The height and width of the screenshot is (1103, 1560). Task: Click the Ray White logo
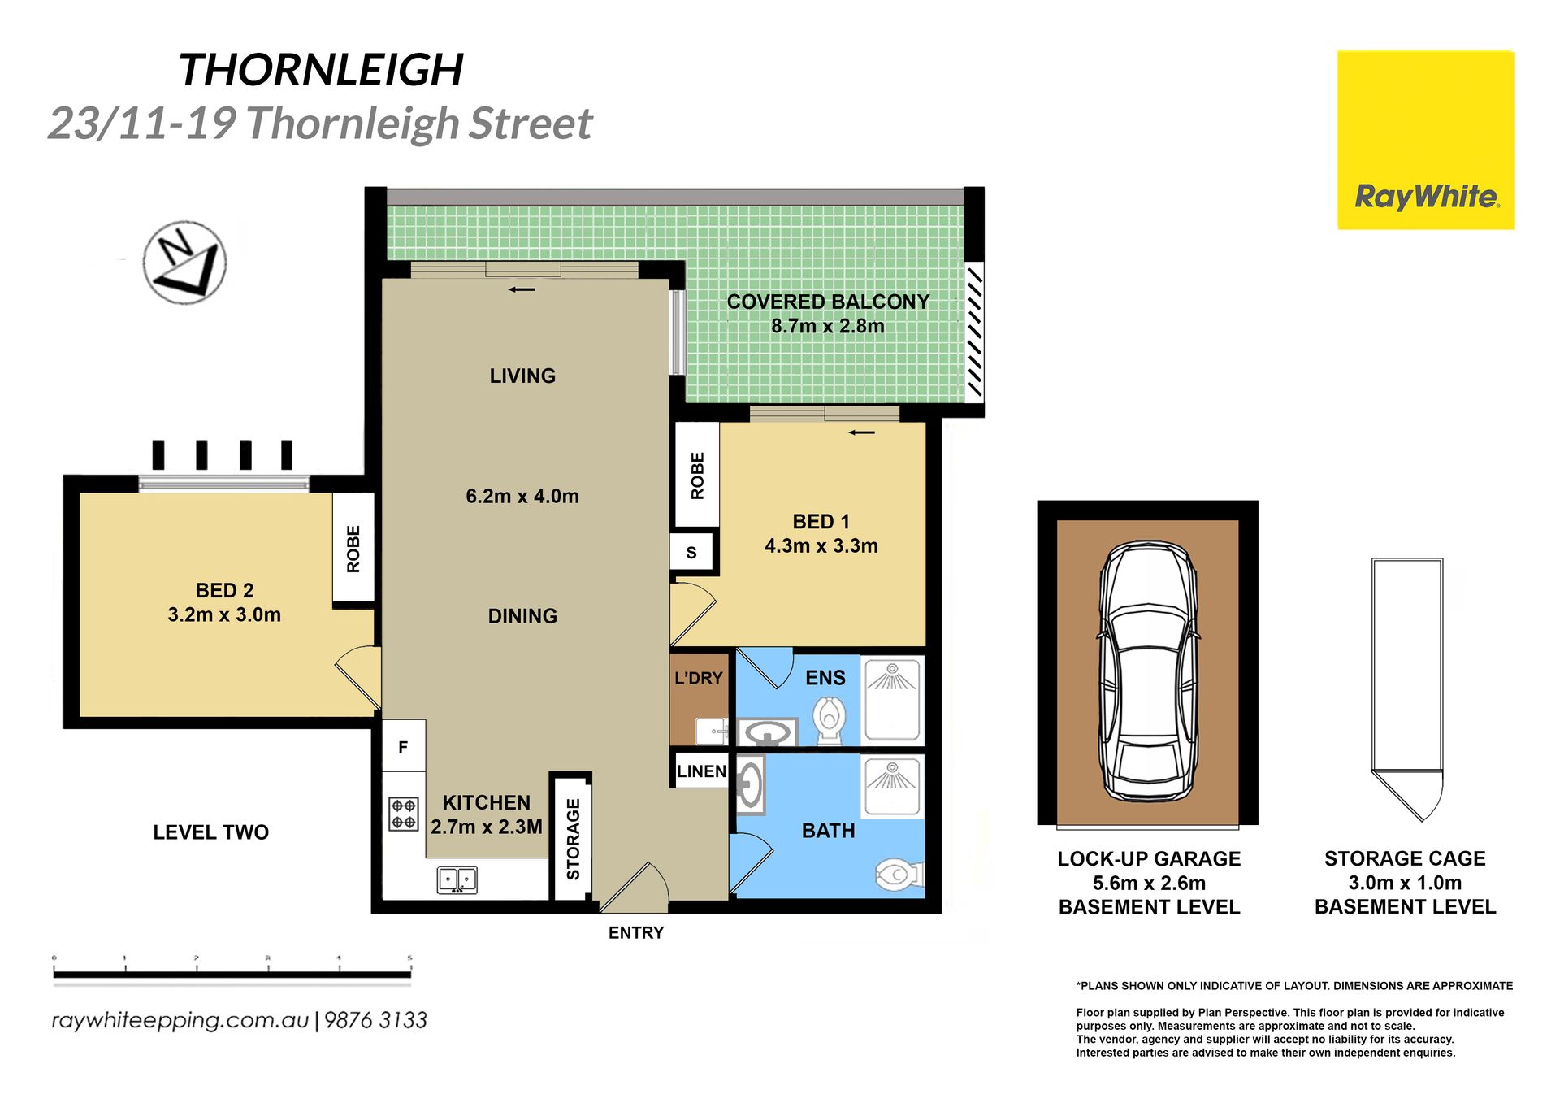[1426, 140]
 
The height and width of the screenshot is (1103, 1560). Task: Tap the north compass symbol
[184, 262]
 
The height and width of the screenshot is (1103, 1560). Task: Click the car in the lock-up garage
[1148, 671]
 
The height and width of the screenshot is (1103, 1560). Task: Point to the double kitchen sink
[457, 880]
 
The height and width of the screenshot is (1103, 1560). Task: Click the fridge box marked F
[404, 746]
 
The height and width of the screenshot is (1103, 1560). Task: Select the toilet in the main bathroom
[899, 875]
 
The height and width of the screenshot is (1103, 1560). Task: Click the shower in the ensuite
[892, 700]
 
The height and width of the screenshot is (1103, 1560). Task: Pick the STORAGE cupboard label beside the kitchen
[574, 839]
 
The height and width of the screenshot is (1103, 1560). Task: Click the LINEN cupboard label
[701, 771]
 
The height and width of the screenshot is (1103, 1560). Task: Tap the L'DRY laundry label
[699, 678]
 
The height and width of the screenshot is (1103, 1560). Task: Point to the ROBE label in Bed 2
[353, 549]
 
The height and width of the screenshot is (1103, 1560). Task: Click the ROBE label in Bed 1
[697, 476]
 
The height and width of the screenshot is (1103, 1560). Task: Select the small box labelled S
[692, 553]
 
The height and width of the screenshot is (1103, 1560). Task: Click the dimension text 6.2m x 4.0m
[522, 496]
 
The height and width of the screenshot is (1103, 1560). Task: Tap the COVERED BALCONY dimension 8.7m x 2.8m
[828, 326]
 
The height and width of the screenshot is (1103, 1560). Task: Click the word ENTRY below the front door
[636, 933]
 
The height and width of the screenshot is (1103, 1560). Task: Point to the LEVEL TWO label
[211, 832]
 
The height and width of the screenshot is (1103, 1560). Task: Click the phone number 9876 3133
[375, 1020]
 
